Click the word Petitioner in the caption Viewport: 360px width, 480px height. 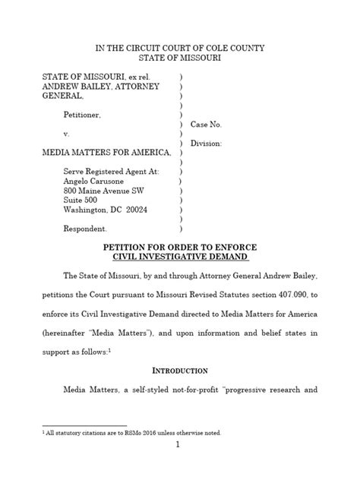(x=86, y=115)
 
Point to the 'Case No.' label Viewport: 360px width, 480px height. (x=205, y=124)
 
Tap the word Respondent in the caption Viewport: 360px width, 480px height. (x=86, y=229)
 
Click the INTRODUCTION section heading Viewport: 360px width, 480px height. (x=180, y=370)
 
